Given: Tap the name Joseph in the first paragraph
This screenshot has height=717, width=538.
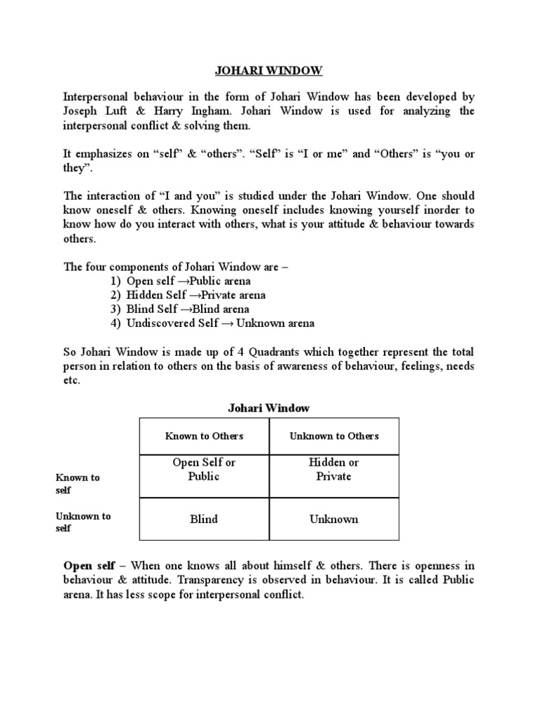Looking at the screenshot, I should click(x=81, y=111).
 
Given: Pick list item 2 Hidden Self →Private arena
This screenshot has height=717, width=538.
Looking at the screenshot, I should click(x=187, y=295).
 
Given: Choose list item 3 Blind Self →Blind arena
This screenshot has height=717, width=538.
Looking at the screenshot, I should click(x=179, y=309).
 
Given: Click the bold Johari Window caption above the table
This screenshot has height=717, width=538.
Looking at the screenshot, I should click(x=269, y=408).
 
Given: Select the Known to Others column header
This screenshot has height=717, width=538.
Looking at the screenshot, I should click(x=204, y=436).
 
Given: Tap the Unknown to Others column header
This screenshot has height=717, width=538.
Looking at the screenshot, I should click(x=334, y=436).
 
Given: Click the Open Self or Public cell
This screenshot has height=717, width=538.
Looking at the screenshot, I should click(x=204, y=469).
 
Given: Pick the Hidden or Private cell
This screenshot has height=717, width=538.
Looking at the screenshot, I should click(x=334, y=469).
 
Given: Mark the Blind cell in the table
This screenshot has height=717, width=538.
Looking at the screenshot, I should click(x=204, y=519).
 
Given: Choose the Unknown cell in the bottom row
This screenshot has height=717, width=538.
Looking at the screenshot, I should click(x=334, y=519).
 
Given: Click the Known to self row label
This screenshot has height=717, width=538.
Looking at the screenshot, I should click(x=78, y=484).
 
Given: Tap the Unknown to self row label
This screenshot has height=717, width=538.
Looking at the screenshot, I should click(x=83, y=522).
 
